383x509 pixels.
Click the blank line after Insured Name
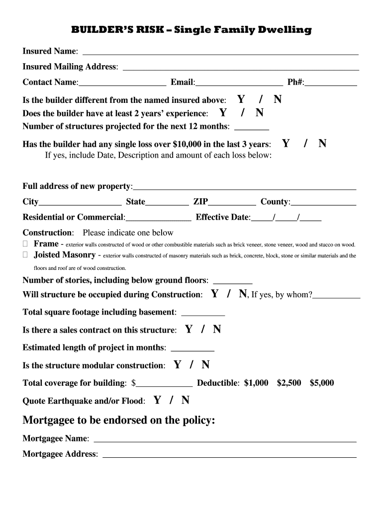pos(220,52)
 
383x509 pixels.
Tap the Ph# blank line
pos(331,83)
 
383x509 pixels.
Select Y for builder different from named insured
pos(241,99)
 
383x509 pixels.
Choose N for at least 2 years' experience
pos(260,113)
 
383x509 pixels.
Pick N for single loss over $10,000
pos(322,144)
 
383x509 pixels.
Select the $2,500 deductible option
pos(289,383)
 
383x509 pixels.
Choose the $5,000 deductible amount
pos(322,383)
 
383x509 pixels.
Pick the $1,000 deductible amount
pos(256,383)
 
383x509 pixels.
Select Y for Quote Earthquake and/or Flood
pos(157,400)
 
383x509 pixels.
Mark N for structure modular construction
pos(205,365)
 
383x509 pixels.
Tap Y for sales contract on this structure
pos(189,330)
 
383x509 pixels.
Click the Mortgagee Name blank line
pos(225,439)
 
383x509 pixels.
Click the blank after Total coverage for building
pos(165,383)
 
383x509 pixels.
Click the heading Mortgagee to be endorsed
pos(119,421)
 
